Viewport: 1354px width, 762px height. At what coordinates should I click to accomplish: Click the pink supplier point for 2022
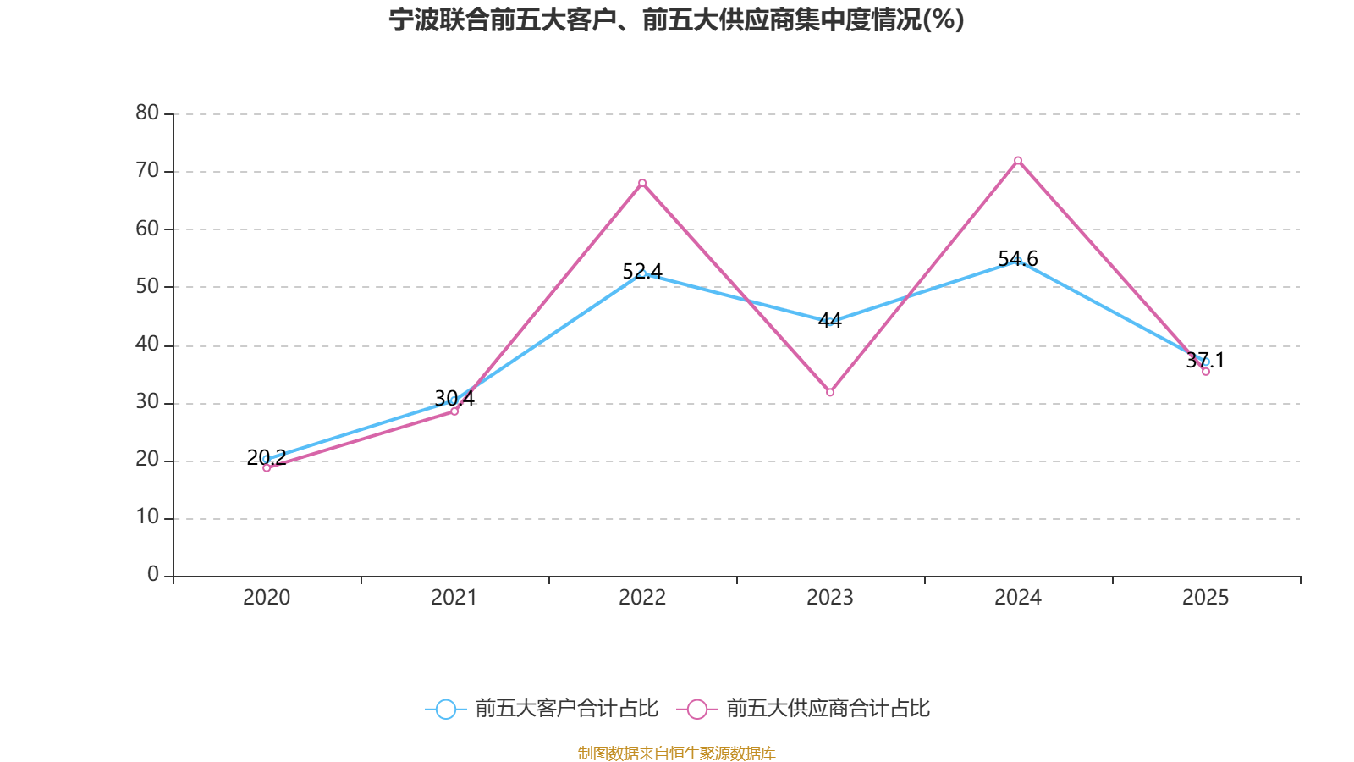642,183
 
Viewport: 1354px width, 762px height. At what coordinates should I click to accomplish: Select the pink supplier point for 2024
1018,160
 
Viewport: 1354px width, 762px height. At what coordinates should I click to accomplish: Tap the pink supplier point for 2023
830,393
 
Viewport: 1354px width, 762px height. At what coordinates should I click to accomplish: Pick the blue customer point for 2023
830,322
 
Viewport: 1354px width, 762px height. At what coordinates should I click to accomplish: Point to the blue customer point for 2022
642,273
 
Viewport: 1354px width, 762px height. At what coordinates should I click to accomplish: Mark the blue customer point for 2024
1018,261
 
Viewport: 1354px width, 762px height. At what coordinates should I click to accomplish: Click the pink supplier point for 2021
454,411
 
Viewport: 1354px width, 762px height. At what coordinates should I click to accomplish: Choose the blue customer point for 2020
267,459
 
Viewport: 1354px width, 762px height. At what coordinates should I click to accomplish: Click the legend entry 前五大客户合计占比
542,709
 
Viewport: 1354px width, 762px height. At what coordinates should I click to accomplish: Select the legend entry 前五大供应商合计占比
804,709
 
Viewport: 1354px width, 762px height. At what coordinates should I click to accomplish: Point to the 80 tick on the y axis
147,113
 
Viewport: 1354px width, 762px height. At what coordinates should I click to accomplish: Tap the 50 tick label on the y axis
147,286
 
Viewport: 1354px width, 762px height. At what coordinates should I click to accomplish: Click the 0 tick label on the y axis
152,575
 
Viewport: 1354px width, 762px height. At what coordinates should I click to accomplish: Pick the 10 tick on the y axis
147,517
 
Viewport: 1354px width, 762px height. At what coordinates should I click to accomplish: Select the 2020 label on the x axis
267,598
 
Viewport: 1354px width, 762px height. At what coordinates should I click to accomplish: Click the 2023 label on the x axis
830,598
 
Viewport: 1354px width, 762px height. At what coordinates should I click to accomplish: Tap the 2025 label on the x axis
1206,598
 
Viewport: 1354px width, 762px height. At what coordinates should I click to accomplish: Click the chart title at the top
676,19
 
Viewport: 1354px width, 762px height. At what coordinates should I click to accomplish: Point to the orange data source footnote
676,753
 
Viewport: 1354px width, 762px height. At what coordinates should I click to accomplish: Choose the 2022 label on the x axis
642,598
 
